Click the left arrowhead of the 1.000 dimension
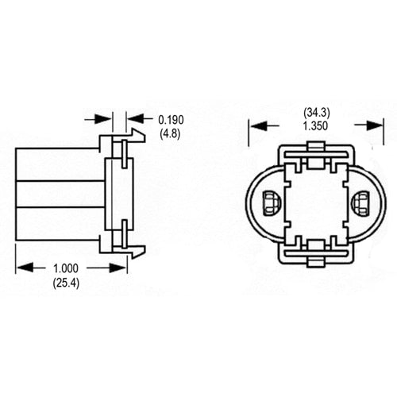(24, 268)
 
